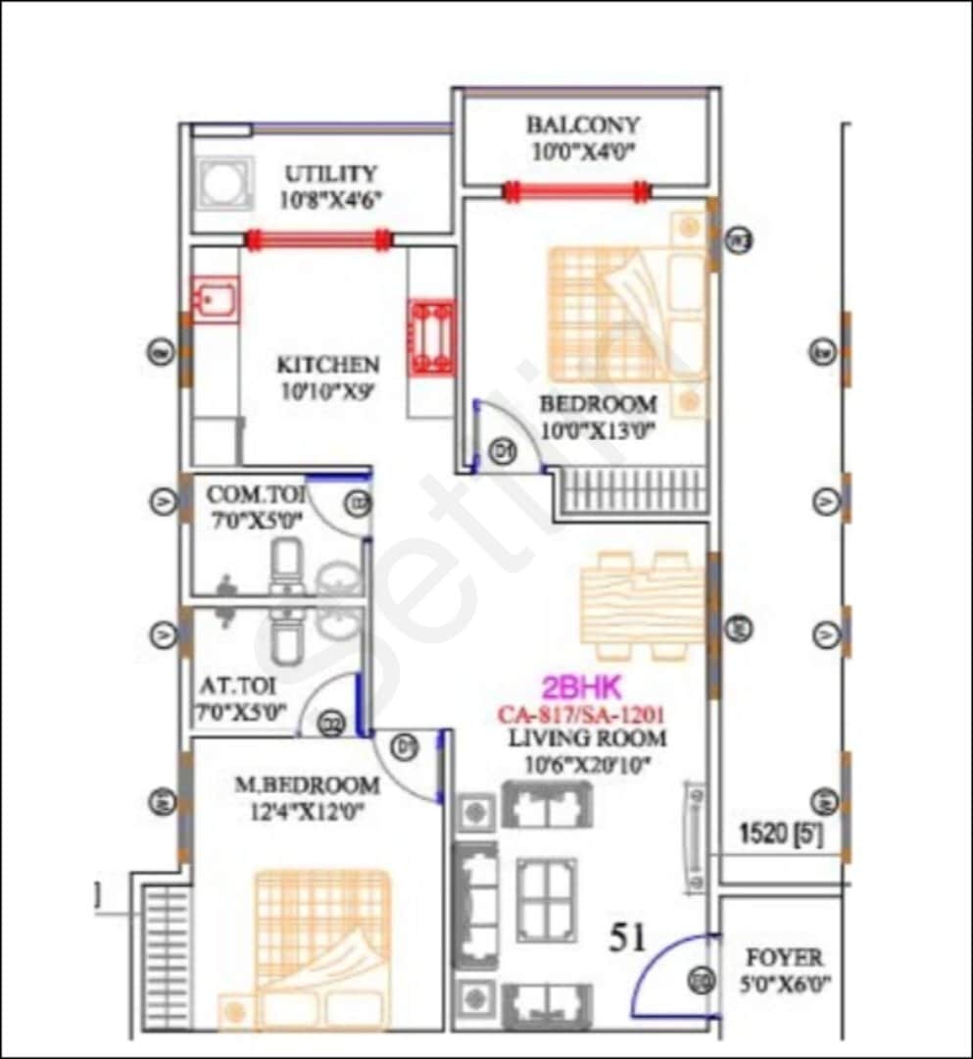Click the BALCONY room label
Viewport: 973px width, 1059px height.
coord(583,126)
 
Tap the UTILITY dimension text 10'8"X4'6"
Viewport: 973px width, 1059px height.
coord(330,200)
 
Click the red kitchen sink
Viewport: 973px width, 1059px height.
coord(215,298)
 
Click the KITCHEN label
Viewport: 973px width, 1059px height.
coord(327,365)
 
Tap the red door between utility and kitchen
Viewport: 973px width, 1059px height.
coord(317,239)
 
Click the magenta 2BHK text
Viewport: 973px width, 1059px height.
coord(582,687)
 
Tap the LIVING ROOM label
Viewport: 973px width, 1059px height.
coord(587,738)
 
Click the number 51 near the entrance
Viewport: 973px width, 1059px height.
coord(627,937)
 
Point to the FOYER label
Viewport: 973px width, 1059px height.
coord(784,957)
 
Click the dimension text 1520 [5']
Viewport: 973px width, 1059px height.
coord(780,836)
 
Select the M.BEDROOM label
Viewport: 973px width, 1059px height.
coord(307,785)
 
